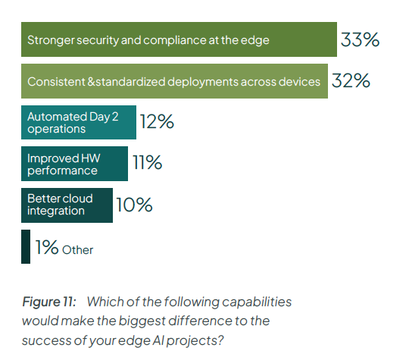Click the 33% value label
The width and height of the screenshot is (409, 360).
(x=360, y=40)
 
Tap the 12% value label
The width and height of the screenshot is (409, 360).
(x=157, y=122)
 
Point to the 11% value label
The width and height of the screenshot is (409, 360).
(x=147, y=163)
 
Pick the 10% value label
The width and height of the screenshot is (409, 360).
(x=134, y=205)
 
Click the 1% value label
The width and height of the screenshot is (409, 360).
(x=46, y=247)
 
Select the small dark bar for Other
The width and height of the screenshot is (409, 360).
(x=26, y=246)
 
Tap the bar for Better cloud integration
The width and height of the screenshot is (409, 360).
(x=67, y=205)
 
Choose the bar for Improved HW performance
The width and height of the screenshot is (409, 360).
(x=74, y=164)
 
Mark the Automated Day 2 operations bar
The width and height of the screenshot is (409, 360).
(x=78, y=123)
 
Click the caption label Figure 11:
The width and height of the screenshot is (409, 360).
(x=48, y=302)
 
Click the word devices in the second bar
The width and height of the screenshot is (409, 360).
(x=300, y=81)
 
